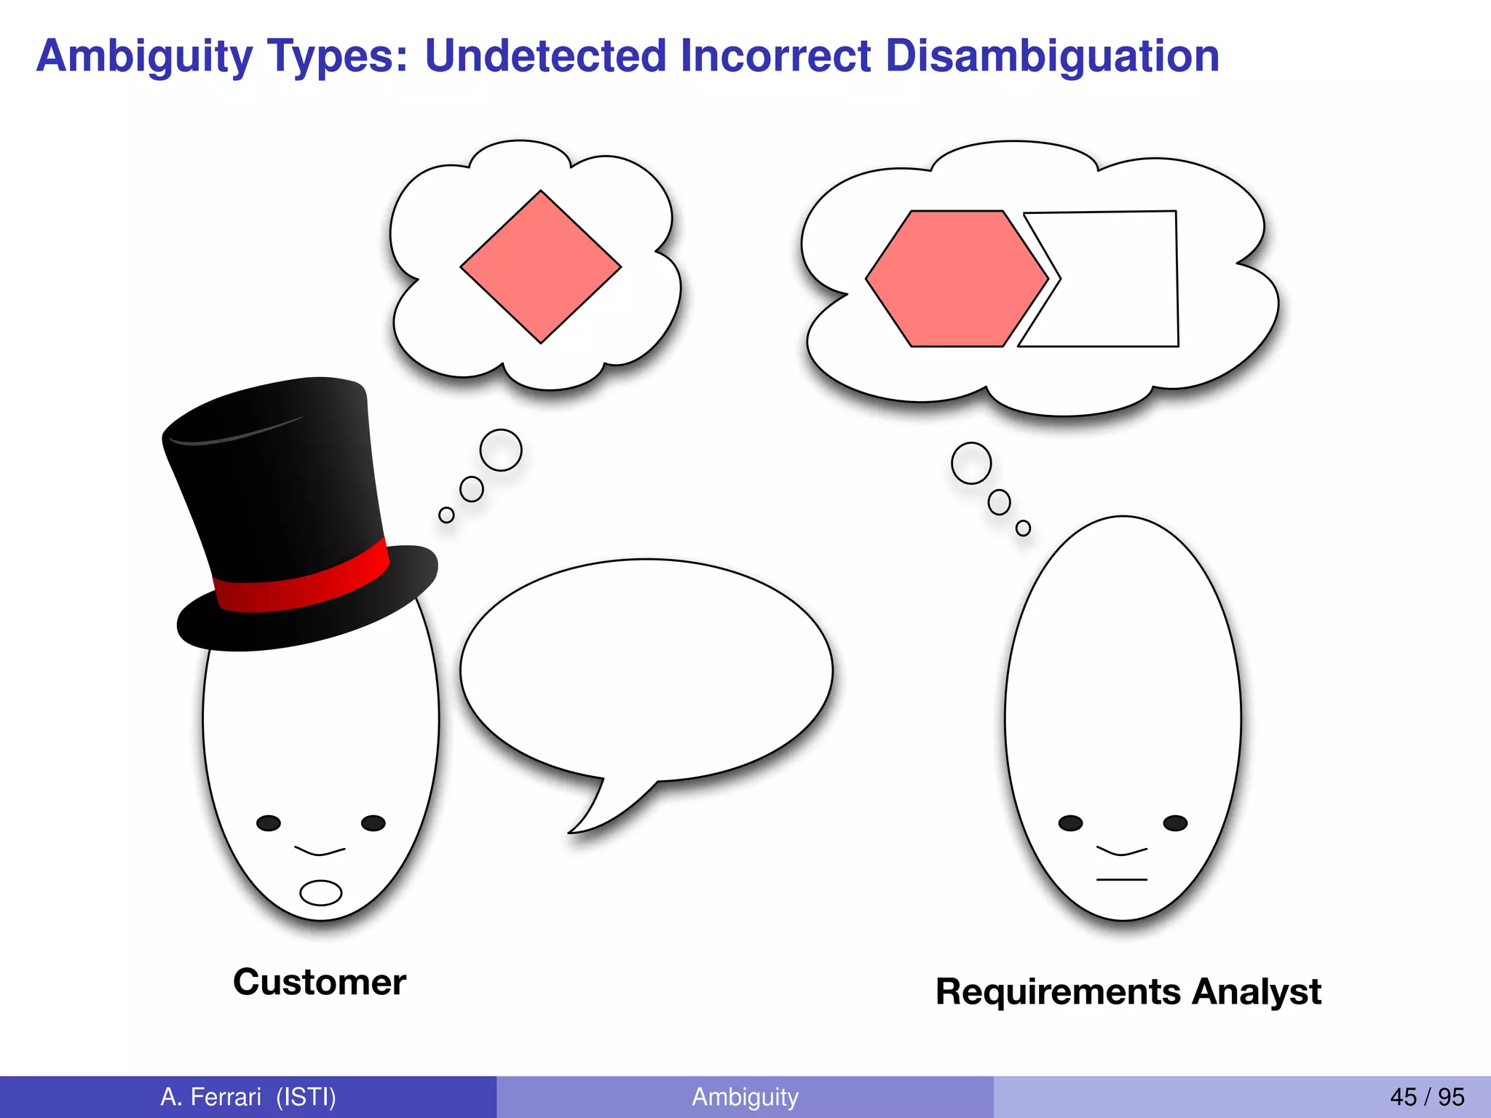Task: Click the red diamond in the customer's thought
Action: [540, 266]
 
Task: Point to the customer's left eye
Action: [269, 823]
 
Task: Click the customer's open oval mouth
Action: [320, 892]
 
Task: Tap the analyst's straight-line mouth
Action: [1121, 880]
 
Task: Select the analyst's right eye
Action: [1175, 823]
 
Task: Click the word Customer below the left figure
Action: [320, 983]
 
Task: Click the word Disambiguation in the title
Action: [1052, 56]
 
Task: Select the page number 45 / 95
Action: [1427, 1097]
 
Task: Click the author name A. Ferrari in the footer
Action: [211, 1097]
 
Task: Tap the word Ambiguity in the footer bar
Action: [745, 1097]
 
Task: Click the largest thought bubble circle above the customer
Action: [501, 450]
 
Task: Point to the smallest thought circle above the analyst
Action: [1023, 528]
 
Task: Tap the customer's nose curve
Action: [320, 851]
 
